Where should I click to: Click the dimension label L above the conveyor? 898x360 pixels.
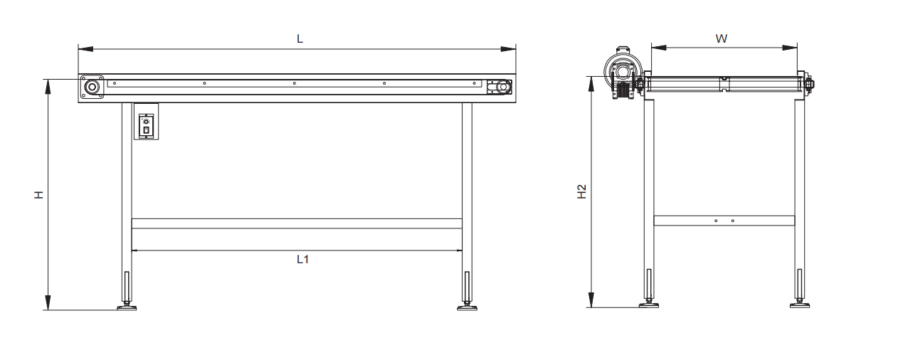300,38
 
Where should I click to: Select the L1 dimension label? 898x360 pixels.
302,260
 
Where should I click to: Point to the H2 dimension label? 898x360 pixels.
581,191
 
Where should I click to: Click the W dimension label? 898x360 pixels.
721,38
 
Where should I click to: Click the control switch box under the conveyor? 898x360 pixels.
146,122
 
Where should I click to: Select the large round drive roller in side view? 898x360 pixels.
92,88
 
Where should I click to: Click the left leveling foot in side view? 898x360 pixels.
127,307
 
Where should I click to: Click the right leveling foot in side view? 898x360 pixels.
467,307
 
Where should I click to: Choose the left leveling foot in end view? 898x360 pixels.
648,305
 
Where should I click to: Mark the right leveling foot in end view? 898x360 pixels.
800,305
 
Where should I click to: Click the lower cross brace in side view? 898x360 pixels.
297,223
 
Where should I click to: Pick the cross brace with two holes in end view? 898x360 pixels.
724,221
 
